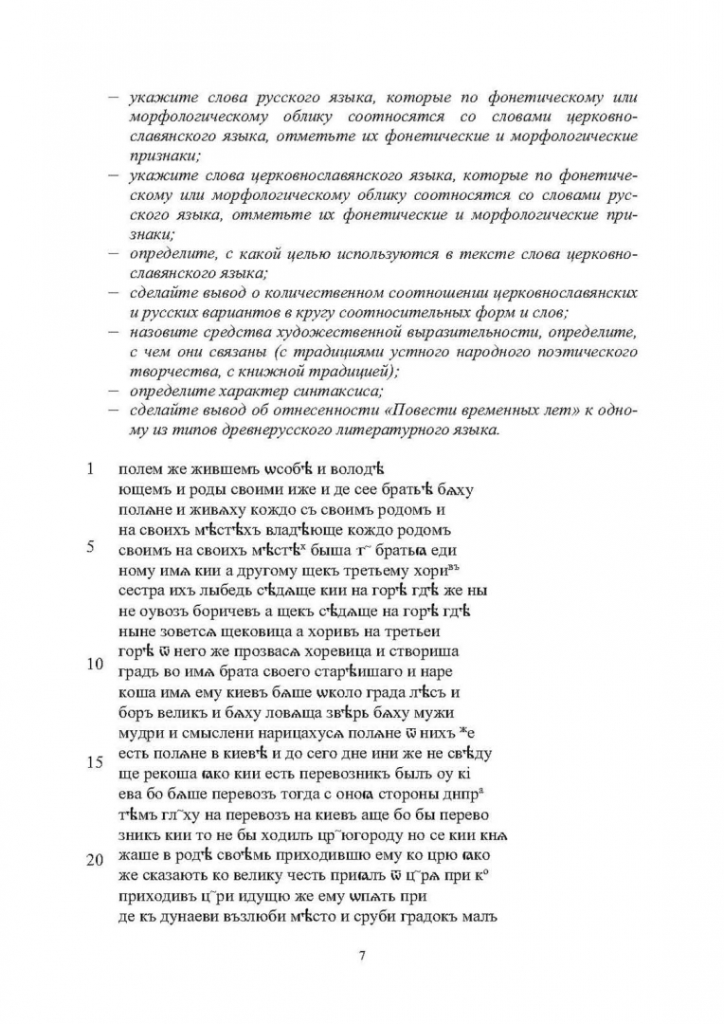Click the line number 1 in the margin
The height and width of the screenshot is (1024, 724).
pos(90,467)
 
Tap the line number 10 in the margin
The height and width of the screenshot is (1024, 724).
pos(94,664)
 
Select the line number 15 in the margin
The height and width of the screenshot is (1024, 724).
pos(94,762)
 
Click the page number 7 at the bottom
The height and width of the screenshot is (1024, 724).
pos(362,955)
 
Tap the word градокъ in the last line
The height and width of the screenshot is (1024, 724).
pos(432,916)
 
